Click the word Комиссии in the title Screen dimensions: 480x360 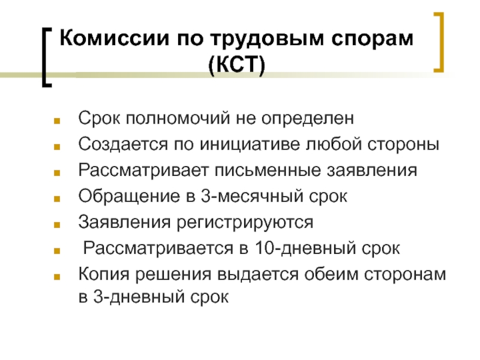coord(114,38)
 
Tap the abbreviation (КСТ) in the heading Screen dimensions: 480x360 coord(236,64)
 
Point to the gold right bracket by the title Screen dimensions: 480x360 coord(440,42)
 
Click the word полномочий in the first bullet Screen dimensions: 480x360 coord(178,118)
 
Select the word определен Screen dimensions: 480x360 coord(308,119)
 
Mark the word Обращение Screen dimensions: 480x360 coord(129,197)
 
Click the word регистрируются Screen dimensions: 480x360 coord(245,223)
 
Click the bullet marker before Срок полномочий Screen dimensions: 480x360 coord(57,121)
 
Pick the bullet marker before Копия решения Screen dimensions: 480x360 coord(57,277)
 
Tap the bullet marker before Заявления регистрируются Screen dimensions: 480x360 coord(57,224)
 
